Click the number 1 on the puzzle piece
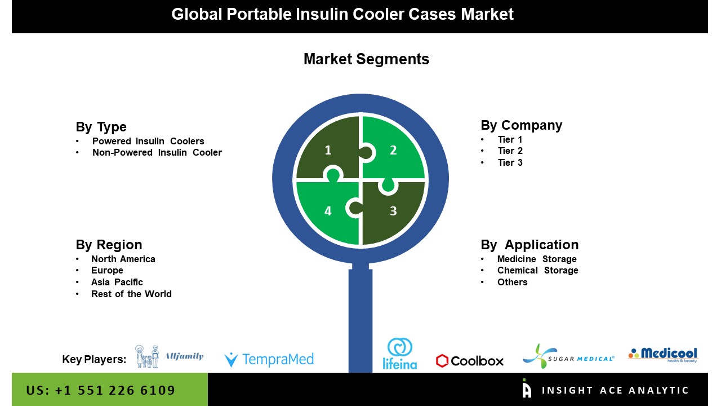coord(328,150)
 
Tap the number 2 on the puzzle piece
coord(393,150)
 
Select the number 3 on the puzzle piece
coord(393,211)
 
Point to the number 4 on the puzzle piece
coord(328,211)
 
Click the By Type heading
coord(101,127)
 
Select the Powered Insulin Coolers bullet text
coord(148,141)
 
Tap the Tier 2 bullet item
coord(510,151)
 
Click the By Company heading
coord(522,125)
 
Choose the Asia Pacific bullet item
coord(117,283)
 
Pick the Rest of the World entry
coord(131,294)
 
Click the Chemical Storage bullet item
coord(537,270)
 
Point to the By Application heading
coord(529,245)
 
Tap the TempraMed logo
coord(269,359)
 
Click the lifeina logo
coord(400,354)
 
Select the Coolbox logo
coord(470,361)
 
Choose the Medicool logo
coord(663,355)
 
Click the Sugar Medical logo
coord(568,356)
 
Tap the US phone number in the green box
coord(100,390)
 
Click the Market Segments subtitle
coord(366,59)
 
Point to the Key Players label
coord(94,359)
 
